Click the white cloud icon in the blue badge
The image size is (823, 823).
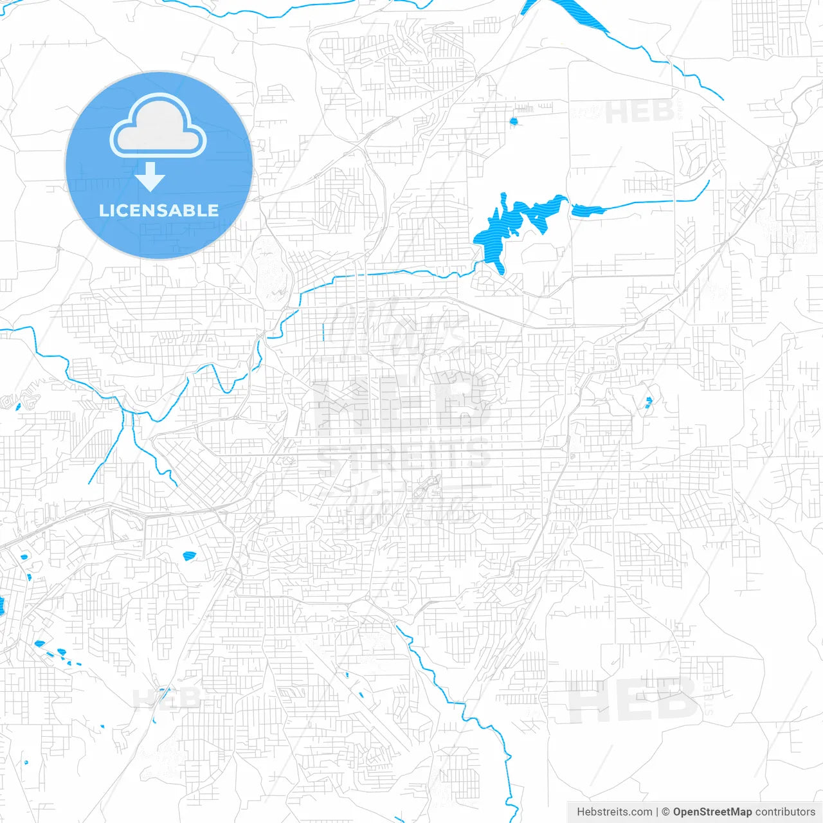pyautogui.click(x=158, y=127)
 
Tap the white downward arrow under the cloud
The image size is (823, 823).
pyautogui.click(x=150, y=177)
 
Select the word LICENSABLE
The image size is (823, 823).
pyautogui.click(x=158, y=210)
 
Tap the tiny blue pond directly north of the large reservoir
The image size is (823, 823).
pyautogui.click(x=513, y=121)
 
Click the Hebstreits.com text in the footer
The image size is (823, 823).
pyautogui.click(x=614, y=812)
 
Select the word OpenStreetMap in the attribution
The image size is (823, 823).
pyautogui.click(x=712, y=812)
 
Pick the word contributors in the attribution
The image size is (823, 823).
pyautogui.click(x=785, y=812)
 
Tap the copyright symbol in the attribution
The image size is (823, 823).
pyautogui.click(x=666, y=812)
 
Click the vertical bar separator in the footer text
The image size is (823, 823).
pyautogui.click(x=657, y=812)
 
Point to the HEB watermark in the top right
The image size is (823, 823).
pyautogui.click(x=639, y=113)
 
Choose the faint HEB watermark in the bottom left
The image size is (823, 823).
pyautogui.click(x=165, y=698)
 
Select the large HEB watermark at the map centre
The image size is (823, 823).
pyautogui.click(x=402, y=405)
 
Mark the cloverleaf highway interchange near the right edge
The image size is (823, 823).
pyautogui.click(x=782, y=155)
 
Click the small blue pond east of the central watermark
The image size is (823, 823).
pyautogui.click(x=648, y=403)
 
